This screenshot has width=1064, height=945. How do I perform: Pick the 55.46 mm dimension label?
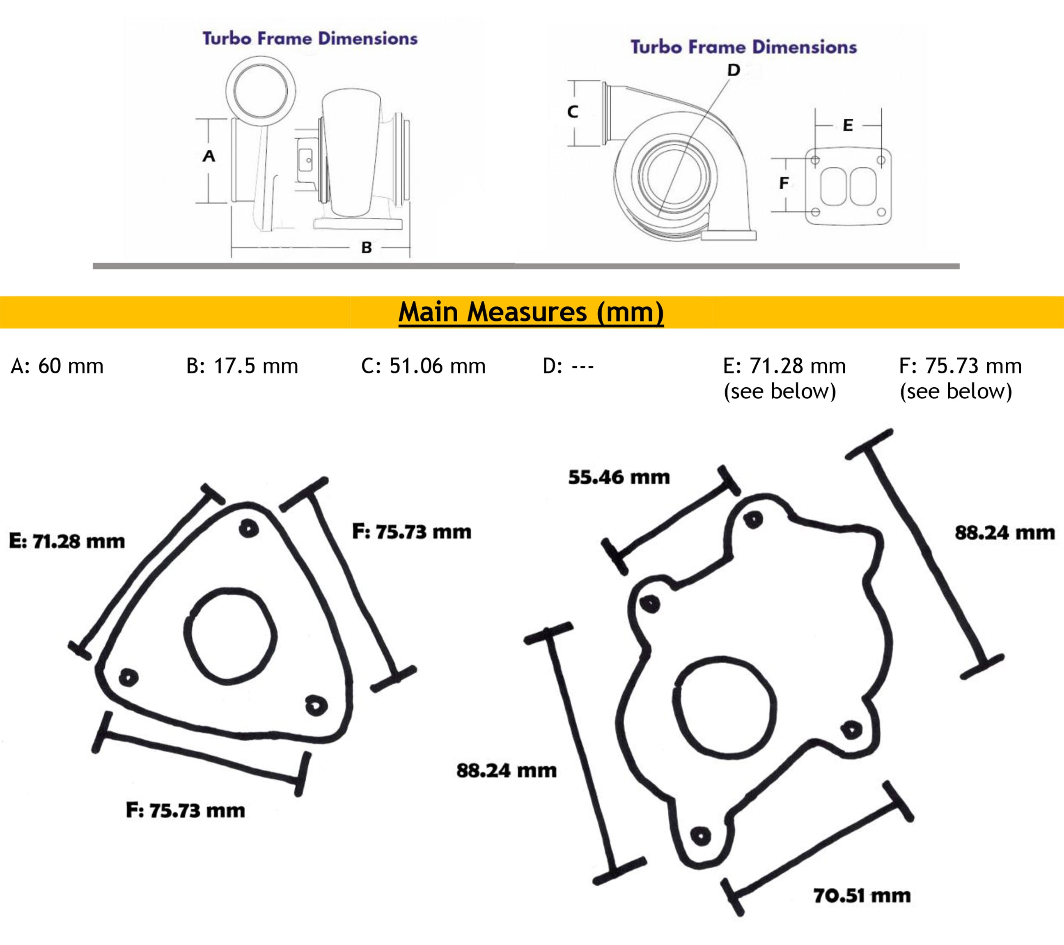(619, 477)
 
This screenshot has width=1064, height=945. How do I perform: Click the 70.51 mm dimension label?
(862, 896)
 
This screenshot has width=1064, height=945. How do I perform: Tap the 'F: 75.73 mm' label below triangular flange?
(185, 810)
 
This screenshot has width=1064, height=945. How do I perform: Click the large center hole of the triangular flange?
(230, 636)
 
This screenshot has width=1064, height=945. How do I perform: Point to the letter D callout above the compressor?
(734, 70)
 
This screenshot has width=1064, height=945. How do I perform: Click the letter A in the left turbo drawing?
(209, 156)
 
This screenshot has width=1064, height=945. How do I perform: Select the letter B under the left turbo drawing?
(367, 247)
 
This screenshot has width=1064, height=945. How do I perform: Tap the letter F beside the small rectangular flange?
(783, 183)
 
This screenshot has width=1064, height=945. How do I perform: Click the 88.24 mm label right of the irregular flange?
(1004, 533)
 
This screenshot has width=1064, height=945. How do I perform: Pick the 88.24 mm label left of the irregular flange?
(507, 770)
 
